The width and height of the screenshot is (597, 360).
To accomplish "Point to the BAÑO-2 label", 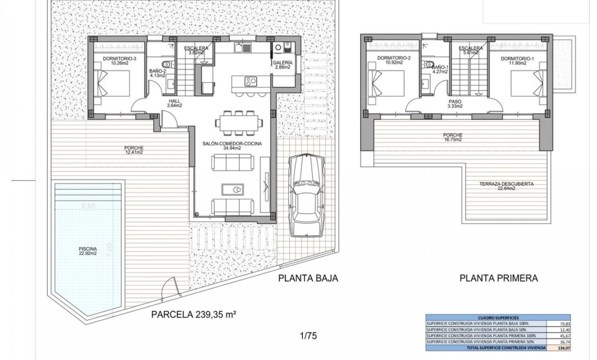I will point(158,73).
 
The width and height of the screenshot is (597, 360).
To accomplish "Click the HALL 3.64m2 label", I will point(175,103).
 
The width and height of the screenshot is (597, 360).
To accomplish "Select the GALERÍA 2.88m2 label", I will point(282,65).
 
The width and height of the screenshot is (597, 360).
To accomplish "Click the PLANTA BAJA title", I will point(308,278).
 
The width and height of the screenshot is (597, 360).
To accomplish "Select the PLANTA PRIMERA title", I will point(499,278).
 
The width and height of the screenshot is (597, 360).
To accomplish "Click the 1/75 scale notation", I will point(308,336).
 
